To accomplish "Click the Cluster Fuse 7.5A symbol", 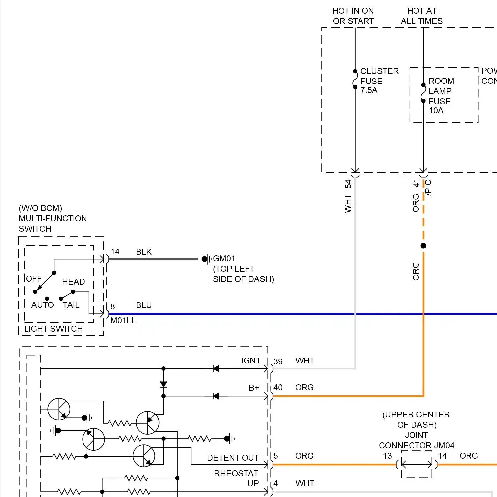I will [x=355, y=79].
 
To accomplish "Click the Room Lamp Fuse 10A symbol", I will [x=423, y=93].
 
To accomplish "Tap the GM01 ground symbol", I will [x=207, y=259].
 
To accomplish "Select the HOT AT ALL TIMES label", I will [x=421, y=16].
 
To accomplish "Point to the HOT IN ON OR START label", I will [x=353, y=16].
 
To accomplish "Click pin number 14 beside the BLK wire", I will [x=115, y=252].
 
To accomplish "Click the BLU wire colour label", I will [x=144, y=305].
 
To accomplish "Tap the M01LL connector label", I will [x=123, y=321].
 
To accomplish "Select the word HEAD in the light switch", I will [x=73, y=282].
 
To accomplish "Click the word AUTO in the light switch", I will [x=42, y=305].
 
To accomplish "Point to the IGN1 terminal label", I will [x=250, y=361].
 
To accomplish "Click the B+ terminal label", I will [x=254, y=388].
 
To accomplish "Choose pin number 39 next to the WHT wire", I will [x=278, y=361].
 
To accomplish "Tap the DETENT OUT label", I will [x=233, y=458].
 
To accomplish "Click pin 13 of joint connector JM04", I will [x=387, y=456].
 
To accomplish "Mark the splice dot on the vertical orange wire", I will [x=423, y=246].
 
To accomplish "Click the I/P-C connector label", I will [x=428, y=189].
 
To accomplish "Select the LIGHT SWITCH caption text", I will [x=53, y=329].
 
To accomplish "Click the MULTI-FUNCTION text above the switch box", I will [x=53, y=219].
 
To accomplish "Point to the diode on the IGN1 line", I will [x=216, y=369].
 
